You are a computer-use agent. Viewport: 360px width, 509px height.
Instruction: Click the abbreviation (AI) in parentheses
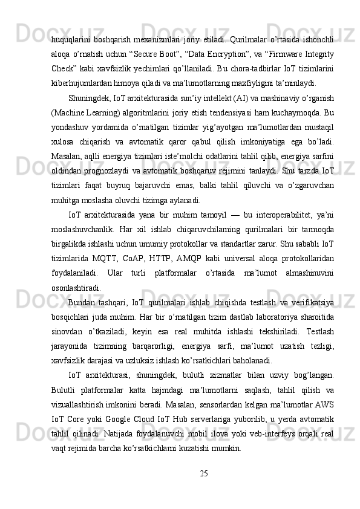pyautogui.click(x=224, y=99)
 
